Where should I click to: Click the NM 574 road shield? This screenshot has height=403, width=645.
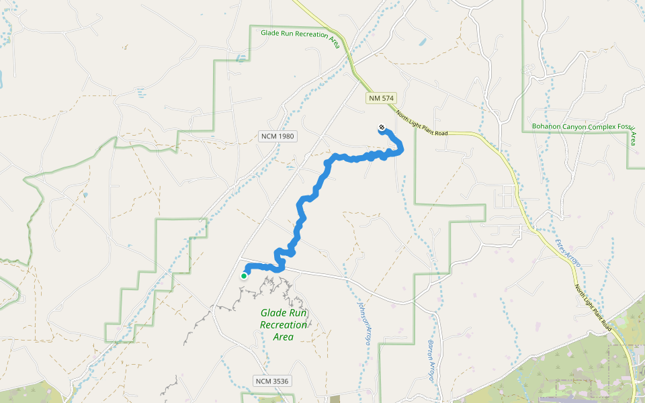pos(380,98)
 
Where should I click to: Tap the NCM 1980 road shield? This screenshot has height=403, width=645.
pos(277,136)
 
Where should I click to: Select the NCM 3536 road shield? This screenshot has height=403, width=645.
pos(272,381)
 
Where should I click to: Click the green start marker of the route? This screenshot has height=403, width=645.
pos(244,275)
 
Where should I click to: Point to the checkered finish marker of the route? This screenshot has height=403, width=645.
pos(382,128)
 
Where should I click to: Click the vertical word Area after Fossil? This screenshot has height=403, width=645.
pos(633,139)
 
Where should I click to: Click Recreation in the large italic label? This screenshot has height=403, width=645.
pos(284,325)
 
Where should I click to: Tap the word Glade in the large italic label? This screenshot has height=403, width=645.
pos(274,313)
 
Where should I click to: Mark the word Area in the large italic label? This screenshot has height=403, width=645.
pos(284,337)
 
